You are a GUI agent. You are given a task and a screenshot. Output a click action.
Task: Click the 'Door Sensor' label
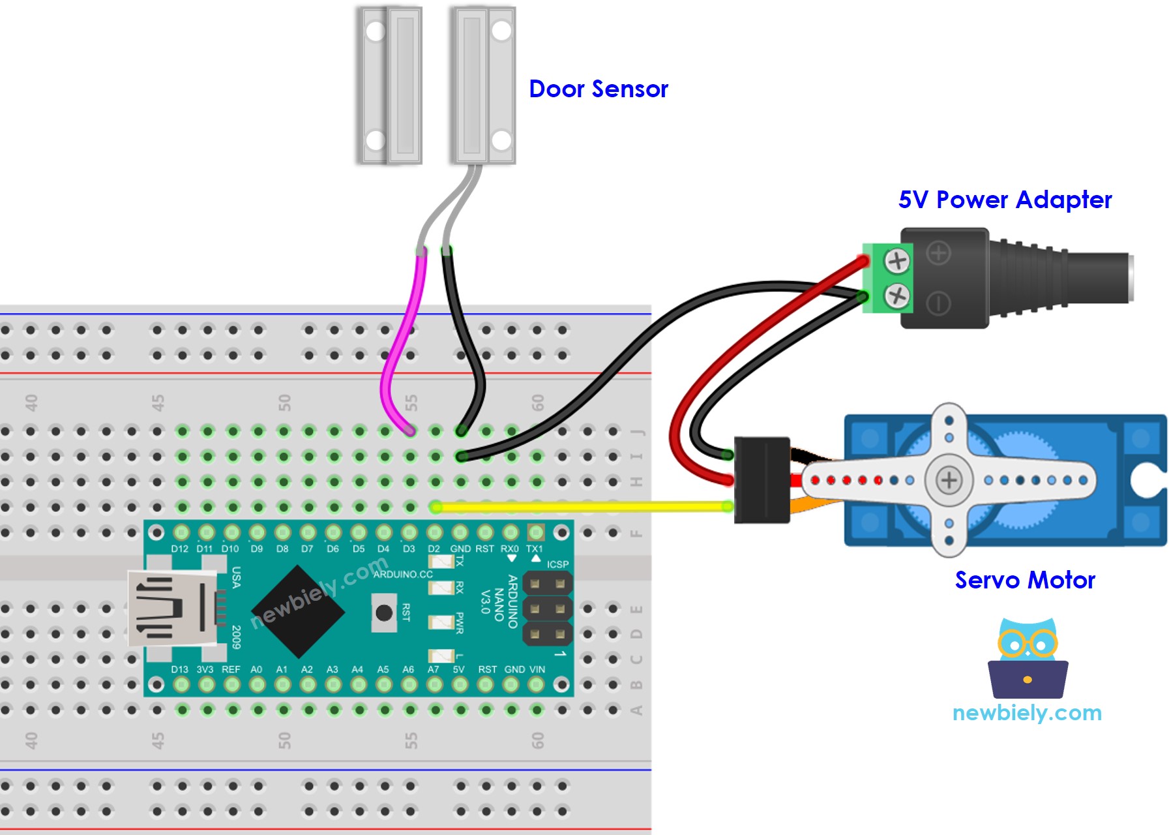(598, 89)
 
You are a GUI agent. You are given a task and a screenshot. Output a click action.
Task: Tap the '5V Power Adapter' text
(1004, 200)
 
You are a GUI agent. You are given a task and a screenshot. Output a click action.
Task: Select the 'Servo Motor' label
(1024, 580)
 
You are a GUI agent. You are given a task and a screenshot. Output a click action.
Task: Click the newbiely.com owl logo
(1028, 659)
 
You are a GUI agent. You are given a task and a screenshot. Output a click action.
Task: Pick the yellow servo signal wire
(580, 506)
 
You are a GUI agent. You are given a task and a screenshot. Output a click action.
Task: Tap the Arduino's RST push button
(384, 613)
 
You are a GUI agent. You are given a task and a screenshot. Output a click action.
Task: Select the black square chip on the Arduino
(297, 612)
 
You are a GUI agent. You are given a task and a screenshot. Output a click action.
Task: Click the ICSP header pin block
(547, 609)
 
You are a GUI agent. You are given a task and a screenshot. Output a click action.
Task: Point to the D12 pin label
(179, 549)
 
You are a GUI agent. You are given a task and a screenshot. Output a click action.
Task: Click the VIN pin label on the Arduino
(537, 669)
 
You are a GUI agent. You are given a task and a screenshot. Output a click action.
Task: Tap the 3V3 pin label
(205, 669)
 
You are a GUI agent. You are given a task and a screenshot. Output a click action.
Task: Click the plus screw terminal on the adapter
(897, 261)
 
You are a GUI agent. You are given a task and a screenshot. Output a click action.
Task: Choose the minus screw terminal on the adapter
(897, 296)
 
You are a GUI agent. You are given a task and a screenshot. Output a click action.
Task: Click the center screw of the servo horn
(949, 480)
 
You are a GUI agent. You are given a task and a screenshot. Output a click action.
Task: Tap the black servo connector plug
(762, 480)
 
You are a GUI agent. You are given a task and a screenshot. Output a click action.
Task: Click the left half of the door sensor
(389, 85)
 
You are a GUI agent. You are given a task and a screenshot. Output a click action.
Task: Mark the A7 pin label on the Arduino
(433, 669)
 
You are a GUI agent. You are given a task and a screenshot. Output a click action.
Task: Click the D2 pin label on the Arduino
(434, 549)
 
